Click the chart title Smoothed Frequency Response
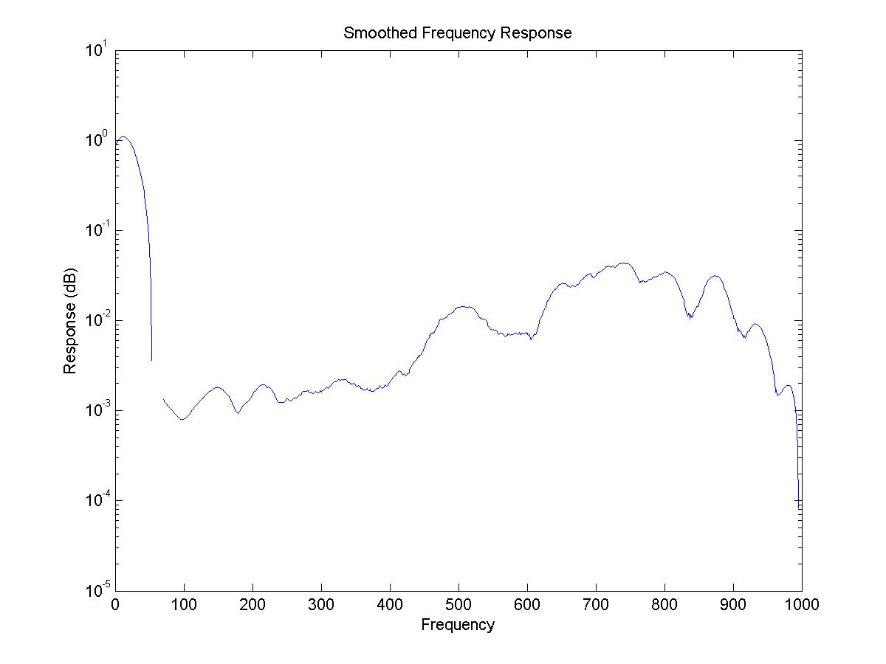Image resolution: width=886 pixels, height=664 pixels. click(458, 33)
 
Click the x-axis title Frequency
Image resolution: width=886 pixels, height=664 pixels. click(458, 625)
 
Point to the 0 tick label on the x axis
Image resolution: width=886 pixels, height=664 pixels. click(115, 604)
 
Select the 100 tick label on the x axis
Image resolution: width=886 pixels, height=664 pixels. click(184, 604)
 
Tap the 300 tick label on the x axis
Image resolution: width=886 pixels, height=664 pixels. click(321, 604)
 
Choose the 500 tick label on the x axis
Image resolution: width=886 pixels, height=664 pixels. click(459, 604)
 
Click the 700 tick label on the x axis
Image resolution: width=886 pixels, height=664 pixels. click(596, 604)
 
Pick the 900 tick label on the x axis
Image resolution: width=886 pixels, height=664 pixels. click(733, 604)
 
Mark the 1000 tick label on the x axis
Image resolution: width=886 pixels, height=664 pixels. click(802, 604)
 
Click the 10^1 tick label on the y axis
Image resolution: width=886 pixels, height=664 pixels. click(97, 51)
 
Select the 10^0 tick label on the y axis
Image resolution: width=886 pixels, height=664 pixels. click(97, 141)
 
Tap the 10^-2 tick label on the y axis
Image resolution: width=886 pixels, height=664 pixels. click(96, 321)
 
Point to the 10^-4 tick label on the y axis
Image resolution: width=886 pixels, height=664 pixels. click(96, 500)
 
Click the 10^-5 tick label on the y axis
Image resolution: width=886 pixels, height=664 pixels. click(96, 590)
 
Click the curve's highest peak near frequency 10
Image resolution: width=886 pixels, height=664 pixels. click(123, 136)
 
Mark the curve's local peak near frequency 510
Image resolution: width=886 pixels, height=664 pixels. click(464, 306)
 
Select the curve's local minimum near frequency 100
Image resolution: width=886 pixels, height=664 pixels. click(182, 419)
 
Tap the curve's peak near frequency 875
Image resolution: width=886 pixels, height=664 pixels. click(715, 276)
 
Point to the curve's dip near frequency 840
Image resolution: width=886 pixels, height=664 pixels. click(690, 317)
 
